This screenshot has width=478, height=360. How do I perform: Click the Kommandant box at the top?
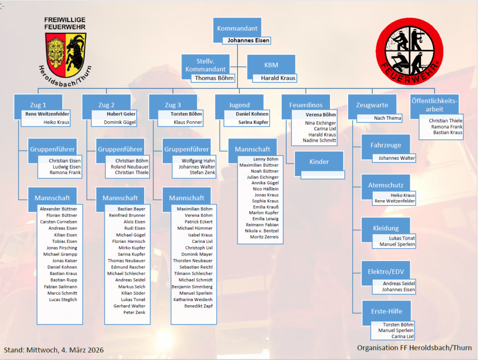point(237,28)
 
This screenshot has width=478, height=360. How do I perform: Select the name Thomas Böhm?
point(214,78)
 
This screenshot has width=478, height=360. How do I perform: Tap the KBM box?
point(271,65)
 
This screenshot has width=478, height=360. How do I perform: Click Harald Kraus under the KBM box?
point(278,78)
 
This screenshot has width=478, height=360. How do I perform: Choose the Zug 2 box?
point(106,105)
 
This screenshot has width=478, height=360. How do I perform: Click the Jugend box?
point(239,105)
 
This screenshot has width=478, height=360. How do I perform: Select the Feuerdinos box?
point(306,105)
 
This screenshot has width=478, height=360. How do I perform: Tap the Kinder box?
point(319,162)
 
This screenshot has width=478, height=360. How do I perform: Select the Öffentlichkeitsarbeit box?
point(434,105)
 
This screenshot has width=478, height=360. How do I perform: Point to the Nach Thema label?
point(388,118)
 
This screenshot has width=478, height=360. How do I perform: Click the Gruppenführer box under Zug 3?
point(186,150)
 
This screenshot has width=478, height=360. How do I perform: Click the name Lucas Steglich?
point(63,300)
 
